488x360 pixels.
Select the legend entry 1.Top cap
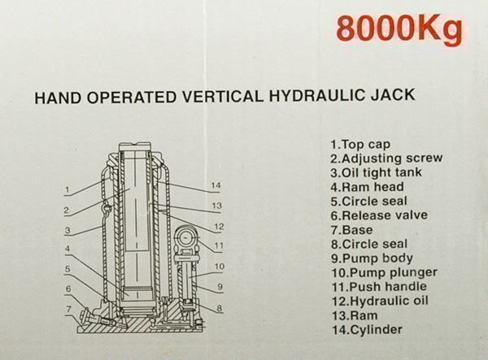[360, 145]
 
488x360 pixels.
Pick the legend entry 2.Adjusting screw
[386, 158]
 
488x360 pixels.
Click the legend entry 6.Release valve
[379, 215]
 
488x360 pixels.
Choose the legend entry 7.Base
[351, 230]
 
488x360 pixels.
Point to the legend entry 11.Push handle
[379, 287]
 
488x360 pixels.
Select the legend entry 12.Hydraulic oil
[380, 301]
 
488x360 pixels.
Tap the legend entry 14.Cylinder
[367, 330]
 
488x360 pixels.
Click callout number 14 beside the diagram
[216, 185]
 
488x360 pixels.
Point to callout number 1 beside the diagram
[68, 189]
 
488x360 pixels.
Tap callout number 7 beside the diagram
[69, 310]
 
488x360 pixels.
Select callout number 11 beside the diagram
[219, 245]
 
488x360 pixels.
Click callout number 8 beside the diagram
[220, 308]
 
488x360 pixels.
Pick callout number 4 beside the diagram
[68, 249]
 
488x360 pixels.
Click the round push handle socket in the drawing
[187, 238]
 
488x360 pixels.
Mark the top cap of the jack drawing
[135, 147]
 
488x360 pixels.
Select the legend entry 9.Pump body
[372, 258]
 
